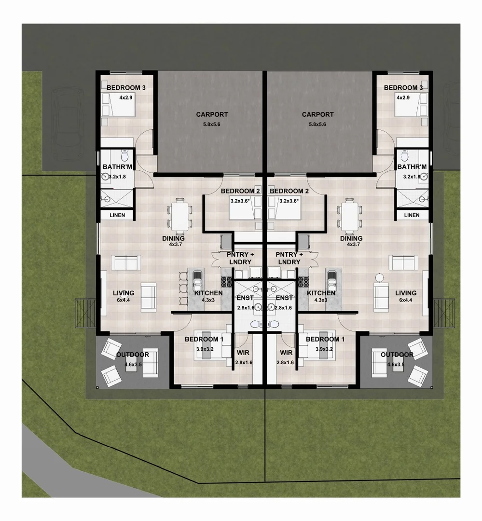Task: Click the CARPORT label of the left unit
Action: point(212,115)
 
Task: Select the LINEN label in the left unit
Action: point(117,215)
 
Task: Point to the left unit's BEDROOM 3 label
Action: point(126,88)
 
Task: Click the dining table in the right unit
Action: point(351,215)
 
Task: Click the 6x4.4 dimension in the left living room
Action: point(123,300)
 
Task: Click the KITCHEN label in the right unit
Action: point(321,293)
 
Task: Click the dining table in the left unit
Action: point(179,215)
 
